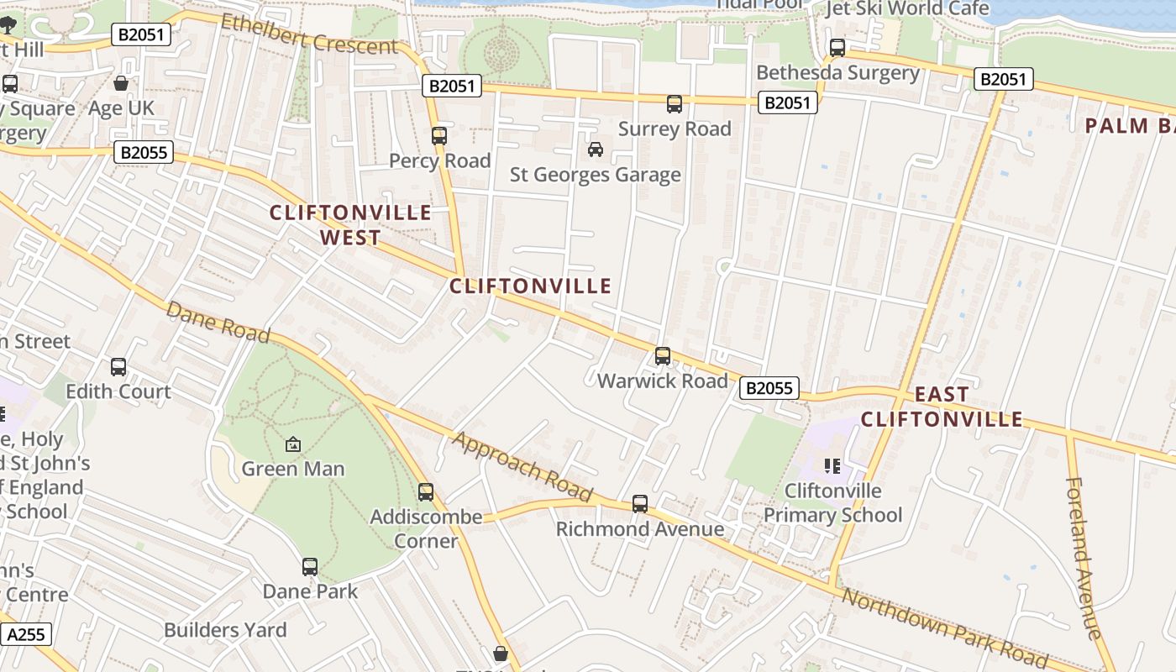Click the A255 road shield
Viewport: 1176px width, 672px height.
tap(25, 634)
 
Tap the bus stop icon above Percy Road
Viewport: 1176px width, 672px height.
tap(438, 135)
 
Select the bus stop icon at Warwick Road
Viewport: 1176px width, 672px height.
tap(663, 356)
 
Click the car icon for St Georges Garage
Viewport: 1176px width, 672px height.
tap(596, 150)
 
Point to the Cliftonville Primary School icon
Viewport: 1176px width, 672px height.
tap(832, 465)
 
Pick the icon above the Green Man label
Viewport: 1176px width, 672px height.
tap(293, 444)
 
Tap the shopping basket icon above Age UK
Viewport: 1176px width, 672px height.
tap(121, 83)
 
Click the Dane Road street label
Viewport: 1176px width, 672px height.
tap(218, 323)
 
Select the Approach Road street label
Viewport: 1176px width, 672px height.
tap(522, 467)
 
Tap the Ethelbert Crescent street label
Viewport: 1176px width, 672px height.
tap(308, 34)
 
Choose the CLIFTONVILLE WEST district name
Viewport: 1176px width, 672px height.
tap(350, 225)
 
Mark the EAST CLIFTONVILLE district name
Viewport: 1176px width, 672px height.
tap(942, 407)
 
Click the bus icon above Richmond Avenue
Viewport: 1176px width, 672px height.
tap(640, 504)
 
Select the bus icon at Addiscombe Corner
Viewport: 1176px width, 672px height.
tap(426, 492)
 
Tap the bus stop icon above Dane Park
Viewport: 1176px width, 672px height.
tap(310, 567)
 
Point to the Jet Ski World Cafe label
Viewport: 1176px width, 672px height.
tap(907, 8)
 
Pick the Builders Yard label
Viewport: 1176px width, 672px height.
tap(225, 630)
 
